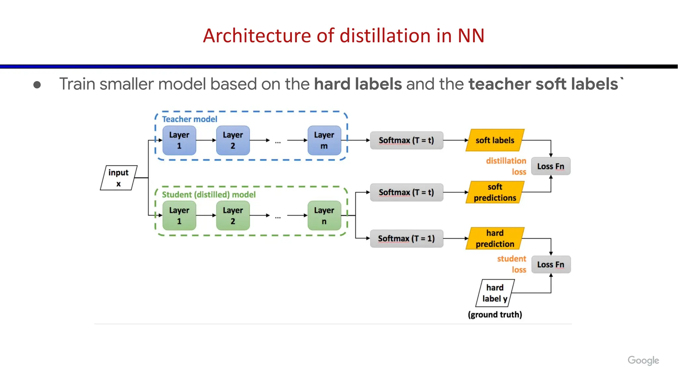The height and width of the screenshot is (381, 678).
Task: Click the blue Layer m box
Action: tap(324, 140)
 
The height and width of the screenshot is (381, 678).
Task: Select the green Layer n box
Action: tap(324, 216)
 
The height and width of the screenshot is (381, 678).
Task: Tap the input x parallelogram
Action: tap(119, 178)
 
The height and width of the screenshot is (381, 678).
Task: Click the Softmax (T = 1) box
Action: tap(406, 238)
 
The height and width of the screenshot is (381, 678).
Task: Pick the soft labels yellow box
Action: tap(495, 140)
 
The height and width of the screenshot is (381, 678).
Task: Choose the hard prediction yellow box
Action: tap(495, 238)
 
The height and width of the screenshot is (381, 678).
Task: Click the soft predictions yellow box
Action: tap(495, 192)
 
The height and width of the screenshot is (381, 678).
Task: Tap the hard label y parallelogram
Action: tap(495, 293)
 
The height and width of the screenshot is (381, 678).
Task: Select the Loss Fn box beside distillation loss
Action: tap(551, 166)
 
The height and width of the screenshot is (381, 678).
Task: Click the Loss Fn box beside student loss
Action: tap(551, 264)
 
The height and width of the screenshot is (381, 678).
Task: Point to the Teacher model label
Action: tap(189, 119)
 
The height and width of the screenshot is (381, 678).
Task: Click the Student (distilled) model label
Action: tap(209, 194)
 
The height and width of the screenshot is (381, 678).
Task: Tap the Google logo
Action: tap(643, 360)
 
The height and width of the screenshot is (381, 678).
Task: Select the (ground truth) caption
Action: tap(495, 315)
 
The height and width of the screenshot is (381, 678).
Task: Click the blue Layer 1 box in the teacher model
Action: tap(179, 140)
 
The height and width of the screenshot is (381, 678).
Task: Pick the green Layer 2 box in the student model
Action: tap(233, 216)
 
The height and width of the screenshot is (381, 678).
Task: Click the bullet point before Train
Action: tap(37, 85)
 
